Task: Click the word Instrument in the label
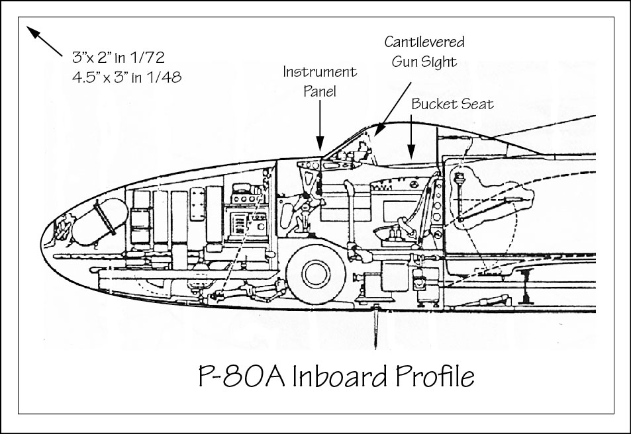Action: coord(320,72)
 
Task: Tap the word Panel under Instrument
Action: coord(320,91)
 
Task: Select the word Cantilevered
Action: coord(424,42)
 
